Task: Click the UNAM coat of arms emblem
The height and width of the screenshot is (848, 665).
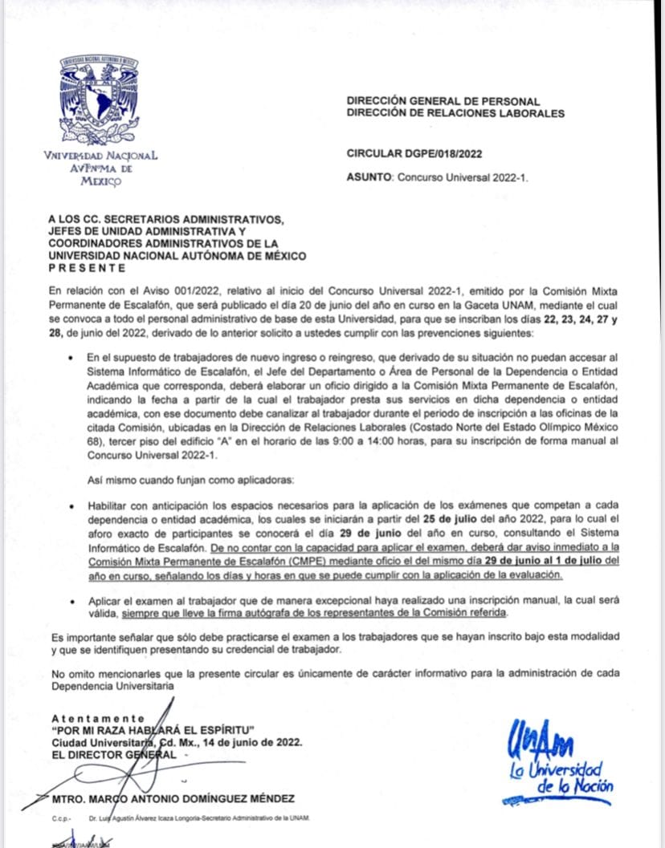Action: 100,99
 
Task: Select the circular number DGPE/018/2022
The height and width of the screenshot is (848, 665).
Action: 414,153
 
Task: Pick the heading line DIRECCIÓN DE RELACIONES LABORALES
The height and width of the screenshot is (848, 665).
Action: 455,113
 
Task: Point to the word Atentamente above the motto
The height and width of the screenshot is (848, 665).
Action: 98,718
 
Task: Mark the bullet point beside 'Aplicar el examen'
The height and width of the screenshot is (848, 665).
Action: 74,600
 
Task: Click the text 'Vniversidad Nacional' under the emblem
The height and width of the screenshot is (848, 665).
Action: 100,156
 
